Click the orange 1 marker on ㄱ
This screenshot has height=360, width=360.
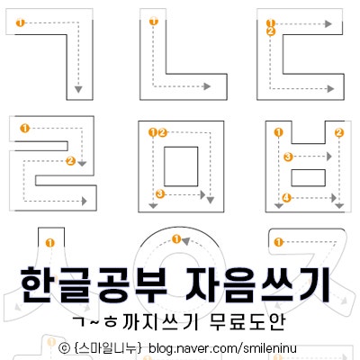21,22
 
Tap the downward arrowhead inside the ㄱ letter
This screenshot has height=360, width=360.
78,89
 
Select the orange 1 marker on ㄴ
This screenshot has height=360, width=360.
154,22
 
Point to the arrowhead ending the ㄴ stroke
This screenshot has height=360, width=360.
207,86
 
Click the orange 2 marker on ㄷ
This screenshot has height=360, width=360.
271,31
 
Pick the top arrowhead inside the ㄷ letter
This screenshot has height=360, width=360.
328,24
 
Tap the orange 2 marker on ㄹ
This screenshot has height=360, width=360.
71,161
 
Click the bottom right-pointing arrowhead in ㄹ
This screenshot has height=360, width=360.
84,201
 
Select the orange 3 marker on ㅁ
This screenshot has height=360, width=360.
160,194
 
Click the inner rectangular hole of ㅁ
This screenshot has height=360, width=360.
181,166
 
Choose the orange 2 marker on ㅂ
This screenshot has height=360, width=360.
339,132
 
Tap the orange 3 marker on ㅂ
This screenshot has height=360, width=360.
288,157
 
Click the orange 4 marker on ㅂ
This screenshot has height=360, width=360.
287,198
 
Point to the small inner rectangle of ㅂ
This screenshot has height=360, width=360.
309,177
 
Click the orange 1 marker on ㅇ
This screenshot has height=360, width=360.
176,239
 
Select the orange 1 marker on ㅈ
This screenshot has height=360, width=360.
279,242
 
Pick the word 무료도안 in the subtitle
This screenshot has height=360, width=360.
247,322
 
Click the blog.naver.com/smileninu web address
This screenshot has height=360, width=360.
222,348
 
